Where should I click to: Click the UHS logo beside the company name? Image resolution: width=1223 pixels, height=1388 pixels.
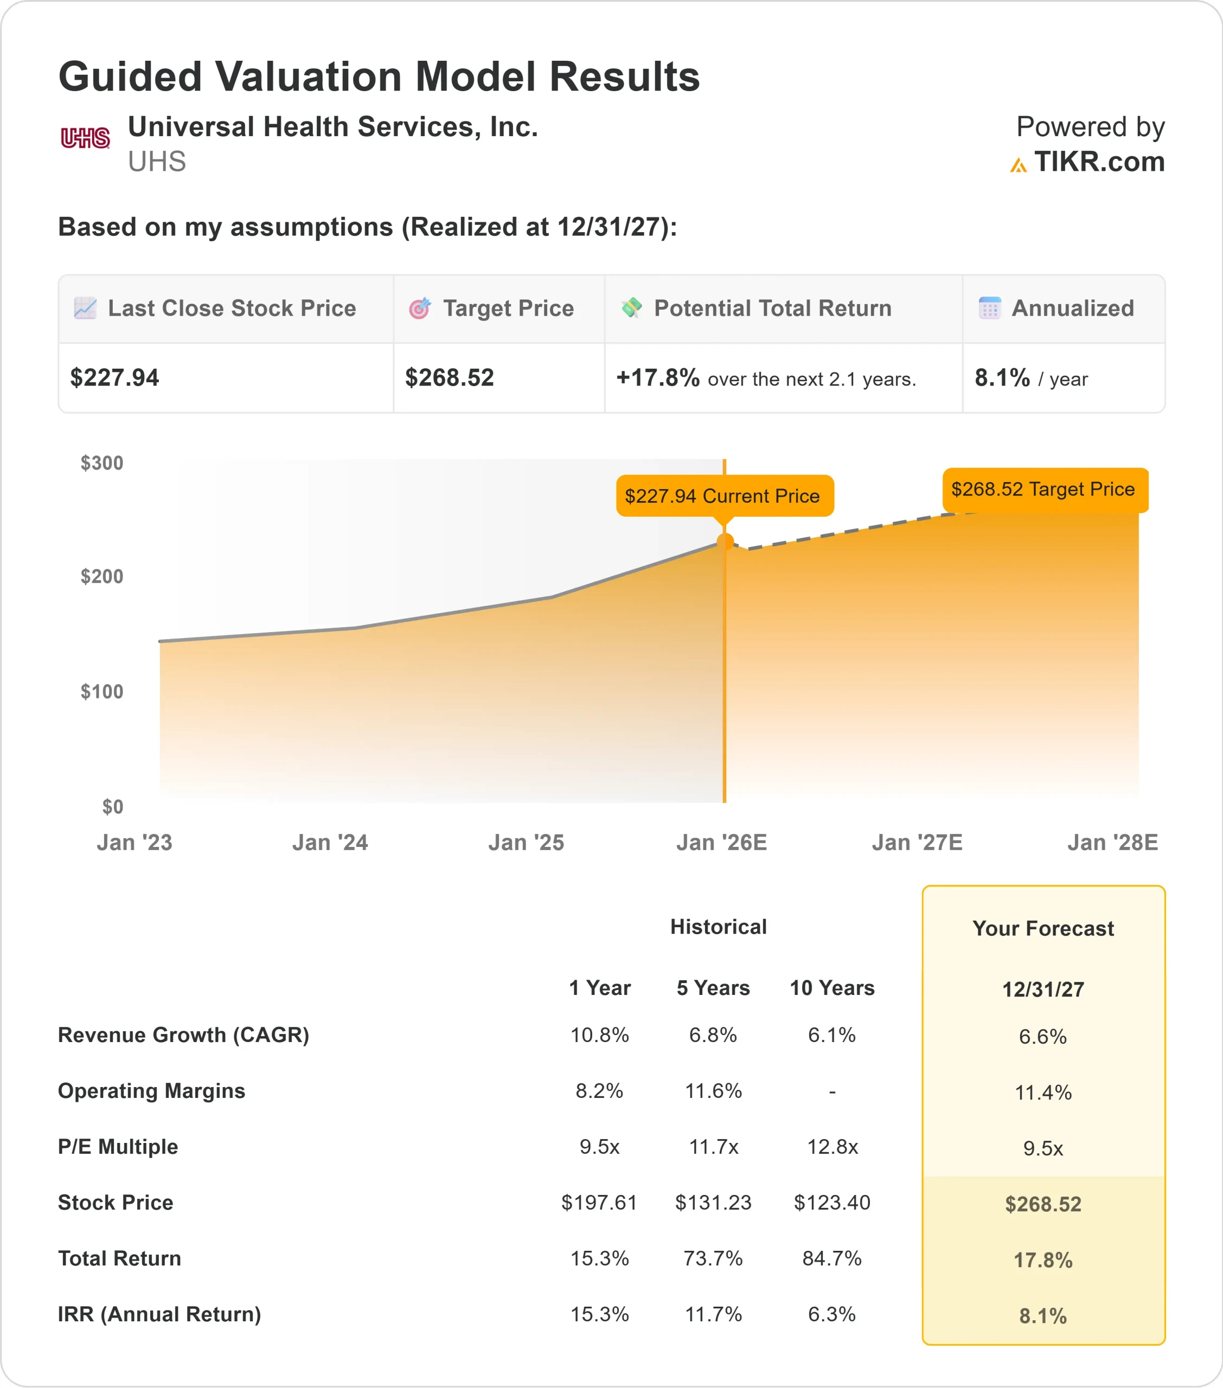[85, 138]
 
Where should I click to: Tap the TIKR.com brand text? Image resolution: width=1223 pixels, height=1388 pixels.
[1099, 162]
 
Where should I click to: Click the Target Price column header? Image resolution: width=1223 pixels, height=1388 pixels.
[508, 309]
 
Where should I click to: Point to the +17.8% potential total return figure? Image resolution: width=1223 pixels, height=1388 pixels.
[658, 377]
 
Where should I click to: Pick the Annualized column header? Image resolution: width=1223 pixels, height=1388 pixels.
[1072, 309]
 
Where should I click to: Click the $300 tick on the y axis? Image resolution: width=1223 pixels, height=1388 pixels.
[102, 463]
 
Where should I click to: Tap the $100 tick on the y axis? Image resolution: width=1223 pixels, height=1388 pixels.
[102, 692]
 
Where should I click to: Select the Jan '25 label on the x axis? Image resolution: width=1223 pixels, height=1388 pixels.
[526, 843]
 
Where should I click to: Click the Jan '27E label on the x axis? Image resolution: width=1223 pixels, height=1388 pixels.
[917, 843]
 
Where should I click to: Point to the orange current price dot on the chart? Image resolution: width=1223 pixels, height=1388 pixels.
[725, 542]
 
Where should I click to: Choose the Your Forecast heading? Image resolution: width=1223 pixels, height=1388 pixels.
[1043, 928]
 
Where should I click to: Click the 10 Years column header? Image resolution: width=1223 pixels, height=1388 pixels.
[831, 988]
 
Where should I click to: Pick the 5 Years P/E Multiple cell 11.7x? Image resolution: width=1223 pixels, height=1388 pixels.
[713, 1147]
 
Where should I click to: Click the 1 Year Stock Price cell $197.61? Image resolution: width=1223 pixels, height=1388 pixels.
[599, 1203]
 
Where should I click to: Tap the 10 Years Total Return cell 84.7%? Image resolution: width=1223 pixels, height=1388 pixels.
[831, 1258]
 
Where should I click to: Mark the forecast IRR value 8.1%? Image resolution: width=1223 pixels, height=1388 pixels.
[1043, 1316]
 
